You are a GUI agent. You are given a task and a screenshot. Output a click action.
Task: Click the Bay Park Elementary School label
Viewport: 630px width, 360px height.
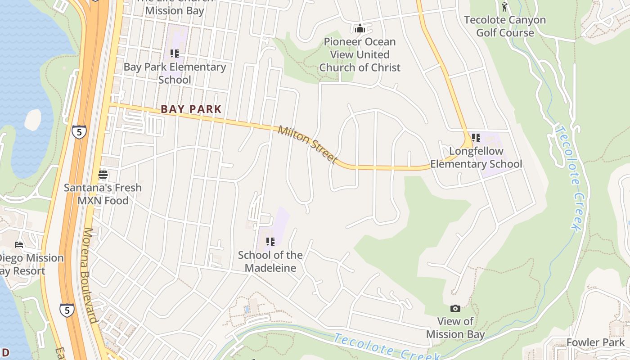click(175, 73)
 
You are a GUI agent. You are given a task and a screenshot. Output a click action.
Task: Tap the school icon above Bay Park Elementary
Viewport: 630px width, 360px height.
click(175, 54)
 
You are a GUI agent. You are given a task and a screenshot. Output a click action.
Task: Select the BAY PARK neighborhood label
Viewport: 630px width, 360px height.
click(191, 109)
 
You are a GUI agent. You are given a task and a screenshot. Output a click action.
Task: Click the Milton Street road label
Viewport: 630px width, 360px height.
click(308, 144)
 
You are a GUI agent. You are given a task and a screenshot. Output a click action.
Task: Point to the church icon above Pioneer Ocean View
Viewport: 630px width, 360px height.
click(360, 29)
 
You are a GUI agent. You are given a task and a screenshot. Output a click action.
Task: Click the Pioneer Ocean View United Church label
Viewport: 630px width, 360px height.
click(360, 54)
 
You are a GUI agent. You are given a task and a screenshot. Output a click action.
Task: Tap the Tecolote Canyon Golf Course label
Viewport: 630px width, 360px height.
click(504, 26)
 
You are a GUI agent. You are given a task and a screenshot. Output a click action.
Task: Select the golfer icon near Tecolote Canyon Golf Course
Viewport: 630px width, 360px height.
click(504, 7)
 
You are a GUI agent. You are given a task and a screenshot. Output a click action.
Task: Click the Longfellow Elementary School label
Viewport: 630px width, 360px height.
click(476, 157)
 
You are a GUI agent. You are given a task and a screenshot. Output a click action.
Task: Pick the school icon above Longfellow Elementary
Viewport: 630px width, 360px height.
click(476, 138)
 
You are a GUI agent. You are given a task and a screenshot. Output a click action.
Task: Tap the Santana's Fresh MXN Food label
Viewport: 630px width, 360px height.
click(103, 194)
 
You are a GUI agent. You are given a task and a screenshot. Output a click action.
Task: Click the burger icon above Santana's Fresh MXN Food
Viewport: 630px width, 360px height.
click(103, 175)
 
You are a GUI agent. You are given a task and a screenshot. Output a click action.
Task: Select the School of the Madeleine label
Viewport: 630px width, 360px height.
click(270, 261)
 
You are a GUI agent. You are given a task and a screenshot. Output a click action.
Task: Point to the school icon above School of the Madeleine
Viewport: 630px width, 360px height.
click(270, 242)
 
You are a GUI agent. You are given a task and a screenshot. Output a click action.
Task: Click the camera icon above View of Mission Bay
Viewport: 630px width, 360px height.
click(455, 308)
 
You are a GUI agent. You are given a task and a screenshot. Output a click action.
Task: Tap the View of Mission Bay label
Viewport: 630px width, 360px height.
click(455, 328)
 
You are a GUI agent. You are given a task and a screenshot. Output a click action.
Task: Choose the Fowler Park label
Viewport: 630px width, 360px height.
click(595, 342)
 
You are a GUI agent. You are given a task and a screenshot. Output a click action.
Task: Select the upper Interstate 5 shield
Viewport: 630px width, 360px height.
click(79, 132)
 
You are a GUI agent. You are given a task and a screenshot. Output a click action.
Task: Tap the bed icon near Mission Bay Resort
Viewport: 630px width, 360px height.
click(19, 245)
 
